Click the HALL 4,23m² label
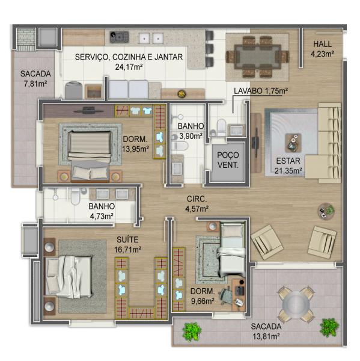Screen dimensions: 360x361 (322, 49)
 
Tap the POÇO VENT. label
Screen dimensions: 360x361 (228, 160)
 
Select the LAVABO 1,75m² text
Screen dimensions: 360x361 (261, 91)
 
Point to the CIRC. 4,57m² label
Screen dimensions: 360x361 (197, 204)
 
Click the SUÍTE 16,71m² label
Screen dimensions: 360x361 (127, 244)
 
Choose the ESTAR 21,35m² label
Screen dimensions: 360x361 (288, 165)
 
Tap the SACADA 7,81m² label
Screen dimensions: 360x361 (35, 78)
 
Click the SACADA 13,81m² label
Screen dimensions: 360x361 (266, 332)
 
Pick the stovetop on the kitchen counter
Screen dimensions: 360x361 (119, 37)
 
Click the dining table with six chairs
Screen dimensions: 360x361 (257, 57)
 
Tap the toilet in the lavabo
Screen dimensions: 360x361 (221, 128)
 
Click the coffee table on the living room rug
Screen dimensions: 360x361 (293, 143)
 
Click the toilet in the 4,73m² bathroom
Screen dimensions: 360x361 (75, 196)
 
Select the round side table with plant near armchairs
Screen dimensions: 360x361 (326, 211)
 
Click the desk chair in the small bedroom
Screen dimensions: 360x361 (225, 295)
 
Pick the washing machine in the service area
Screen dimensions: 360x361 (73, 90)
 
